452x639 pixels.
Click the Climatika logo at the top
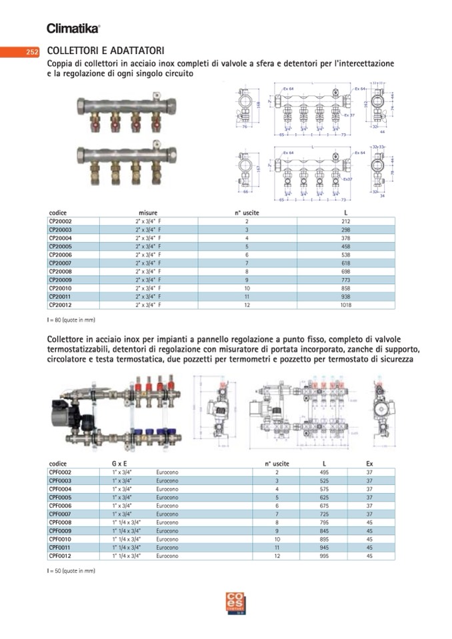tap(73, 29)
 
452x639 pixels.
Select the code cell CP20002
tap(60, 221)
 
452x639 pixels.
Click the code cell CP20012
tap(60, 305)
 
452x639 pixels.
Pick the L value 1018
tap(345, 305)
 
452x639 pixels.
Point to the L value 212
tap(345, 221)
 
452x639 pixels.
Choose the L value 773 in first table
tap(345, 280)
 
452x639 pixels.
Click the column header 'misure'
tap(148, 213)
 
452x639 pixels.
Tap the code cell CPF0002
tap(60, 472)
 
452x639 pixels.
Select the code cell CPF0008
tap(60, 522)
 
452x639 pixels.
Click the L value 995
tap(324, 556)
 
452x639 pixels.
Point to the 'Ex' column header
tap(369, 463)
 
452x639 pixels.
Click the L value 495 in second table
tap(324, 472)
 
